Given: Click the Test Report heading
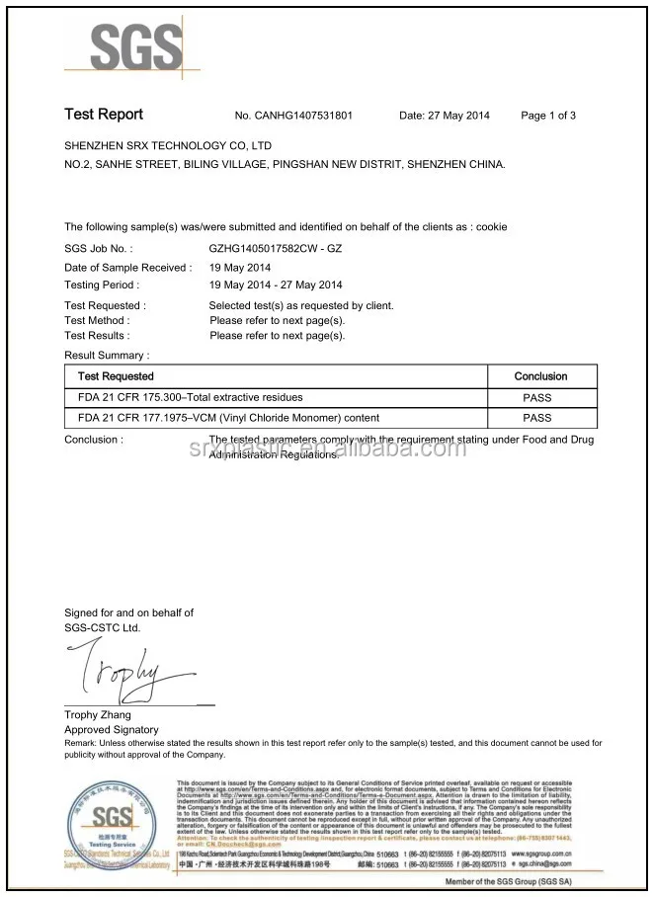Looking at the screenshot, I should (104, 115).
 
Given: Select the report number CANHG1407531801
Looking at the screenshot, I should (293, 116).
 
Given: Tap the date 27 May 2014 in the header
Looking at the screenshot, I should (444, 116).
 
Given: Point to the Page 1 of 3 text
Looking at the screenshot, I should (547, 116).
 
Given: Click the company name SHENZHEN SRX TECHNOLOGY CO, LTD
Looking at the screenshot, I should (168, 145).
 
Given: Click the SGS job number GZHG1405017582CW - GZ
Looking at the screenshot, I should (275, 249).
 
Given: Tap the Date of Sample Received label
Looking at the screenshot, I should (127, 268).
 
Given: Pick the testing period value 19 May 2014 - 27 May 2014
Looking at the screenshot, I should (276, 285).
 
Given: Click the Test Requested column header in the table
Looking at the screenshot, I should (116, 376).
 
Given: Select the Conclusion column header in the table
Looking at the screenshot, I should (540, 376).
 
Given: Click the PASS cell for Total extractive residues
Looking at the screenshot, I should (537, 398).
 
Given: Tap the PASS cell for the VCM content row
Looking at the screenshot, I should (537, 418).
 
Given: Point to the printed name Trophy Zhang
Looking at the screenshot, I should (97, 714).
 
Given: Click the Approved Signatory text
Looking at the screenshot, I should (111, 729).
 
